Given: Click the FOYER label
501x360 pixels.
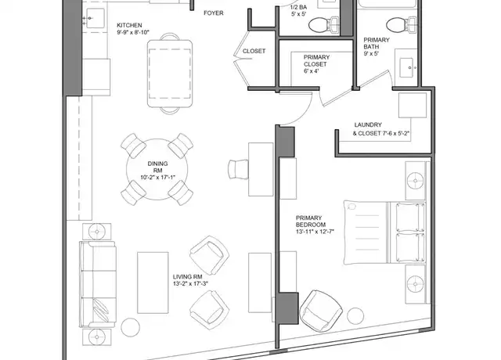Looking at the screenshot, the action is click(214, 13).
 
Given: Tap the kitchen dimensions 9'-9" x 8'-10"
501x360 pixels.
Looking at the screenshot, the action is click(133, 32).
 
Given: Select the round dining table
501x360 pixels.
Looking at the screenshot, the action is click(157, 169).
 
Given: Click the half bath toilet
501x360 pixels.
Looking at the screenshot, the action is click(323, 24).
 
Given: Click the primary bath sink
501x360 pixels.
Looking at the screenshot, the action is click(406, 67).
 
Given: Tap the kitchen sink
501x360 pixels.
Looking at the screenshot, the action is click(95, 18).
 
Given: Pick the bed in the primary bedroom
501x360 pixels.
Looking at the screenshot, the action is click(384, 232).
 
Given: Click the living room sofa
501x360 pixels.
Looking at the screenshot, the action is click(97, 284).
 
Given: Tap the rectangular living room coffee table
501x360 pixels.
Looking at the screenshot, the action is click(153, 283).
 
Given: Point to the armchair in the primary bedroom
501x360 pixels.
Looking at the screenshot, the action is click(320, 311).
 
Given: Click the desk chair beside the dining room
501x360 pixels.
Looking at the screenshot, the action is click(238, 169).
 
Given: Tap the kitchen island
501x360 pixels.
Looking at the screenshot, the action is click(170, 73).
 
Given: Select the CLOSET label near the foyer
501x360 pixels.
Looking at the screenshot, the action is click(254, 51).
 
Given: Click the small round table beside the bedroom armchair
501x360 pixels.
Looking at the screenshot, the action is click(355, 316).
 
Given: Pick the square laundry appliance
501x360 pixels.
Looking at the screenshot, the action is click(413, 106).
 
